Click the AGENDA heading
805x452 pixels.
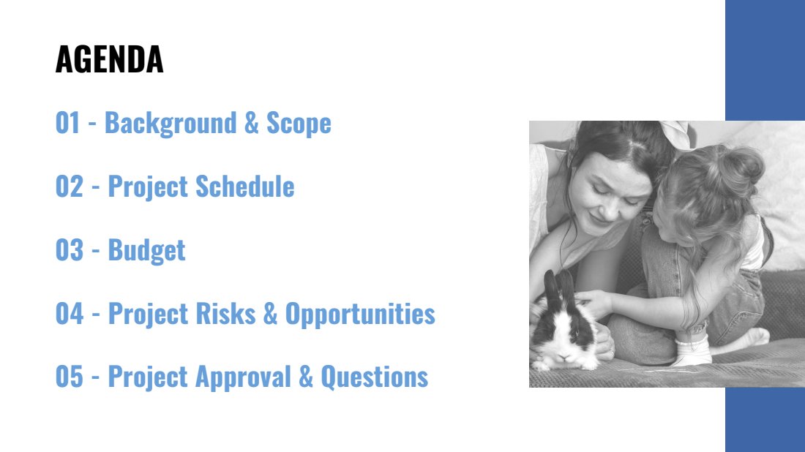coord(109,59)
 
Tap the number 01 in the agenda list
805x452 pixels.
coord(68,123)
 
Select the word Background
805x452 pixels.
coord(171,124)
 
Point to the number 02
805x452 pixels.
coord(70,187)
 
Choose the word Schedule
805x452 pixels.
coord(245,187)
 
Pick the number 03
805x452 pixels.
coord(70,250)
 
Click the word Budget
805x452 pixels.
coord(146,251)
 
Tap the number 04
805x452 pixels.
coord(70,314)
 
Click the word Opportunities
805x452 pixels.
coord(360,314)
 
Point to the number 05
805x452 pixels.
coord(70,377)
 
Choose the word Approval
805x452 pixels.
coord(244,377)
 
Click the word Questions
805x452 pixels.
coord(374,377)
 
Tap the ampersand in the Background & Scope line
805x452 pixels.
coord(251,123)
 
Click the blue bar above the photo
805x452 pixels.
coord(765,60)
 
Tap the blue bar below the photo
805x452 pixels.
coord(765,420)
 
